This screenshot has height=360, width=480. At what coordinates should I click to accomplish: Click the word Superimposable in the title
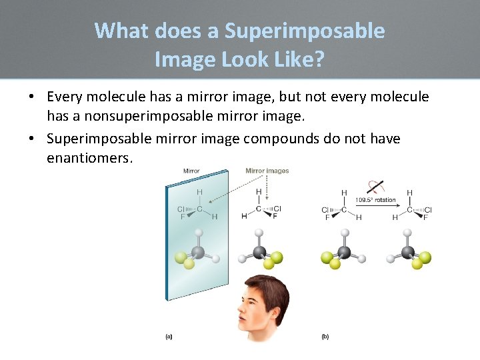click(x=305, y=31)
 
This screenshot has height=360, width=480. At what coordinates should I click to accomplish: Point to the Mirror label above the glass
click(x=191, y=171)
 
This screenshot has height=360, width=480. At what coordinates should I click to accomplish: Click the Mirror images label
click(x=267, y=171)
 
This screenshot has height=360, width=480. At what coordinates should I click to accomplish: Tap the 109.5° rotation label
click(x=376, y=200)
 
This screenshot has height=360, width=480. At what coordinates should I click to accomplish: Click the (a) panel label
click(x=169, y=337)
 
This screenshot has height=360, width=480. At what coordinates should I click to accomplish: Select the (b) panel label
click(x=325, y=337)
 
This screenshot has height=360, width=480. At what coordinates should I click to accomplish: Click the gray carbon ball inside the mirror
click(x=198, y=253)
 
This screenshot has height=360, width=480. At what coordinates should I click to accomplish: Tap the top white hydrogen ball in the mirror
click(x=198, y=233)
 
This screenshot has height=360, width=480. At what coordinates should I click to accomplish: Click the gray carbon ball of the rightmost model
click(x=408, y=253)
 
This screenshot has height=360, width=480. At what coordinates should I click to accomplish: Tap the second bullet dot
click(x=31, y=138)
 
